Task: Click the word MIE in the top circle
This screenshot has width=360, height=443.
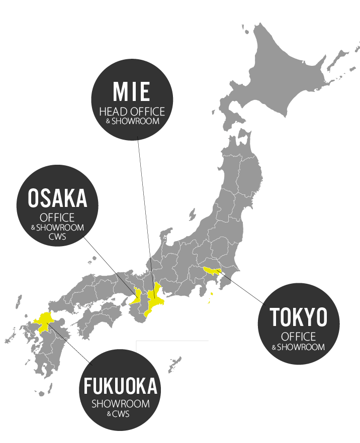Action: (x=132, y=92)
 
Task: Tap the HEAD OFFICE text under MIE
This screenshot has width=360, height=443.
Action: (x=132, y=111)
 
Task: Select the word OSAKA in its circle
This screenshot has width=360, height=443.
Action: (x=58, y=199)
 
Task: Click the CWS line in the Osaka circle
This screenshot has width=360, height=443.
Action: (x=57, y=237)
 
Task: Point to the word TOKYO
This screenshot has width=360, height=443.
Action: (x=298, y=317)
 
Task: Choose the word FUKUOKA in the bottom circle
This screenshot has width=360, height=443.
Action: (x=121, y=387)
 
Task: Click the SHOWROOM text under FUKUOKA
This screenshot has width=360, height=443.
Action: (x=121, y=404)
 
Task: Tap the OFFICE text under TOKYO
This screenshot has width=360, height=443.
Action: (x=298, y=337)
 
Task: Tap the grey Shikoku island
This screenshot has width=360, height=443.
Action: (x=101, y=316)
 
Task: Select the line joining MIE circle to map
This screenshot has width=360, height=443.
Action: (x=144, y=201)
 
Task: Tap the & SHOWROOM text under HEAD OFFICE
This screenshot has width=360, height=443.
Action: (x=132, y=122)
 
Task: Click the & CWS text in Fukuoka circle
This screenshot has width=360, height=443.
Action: (x=121, y=414)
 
